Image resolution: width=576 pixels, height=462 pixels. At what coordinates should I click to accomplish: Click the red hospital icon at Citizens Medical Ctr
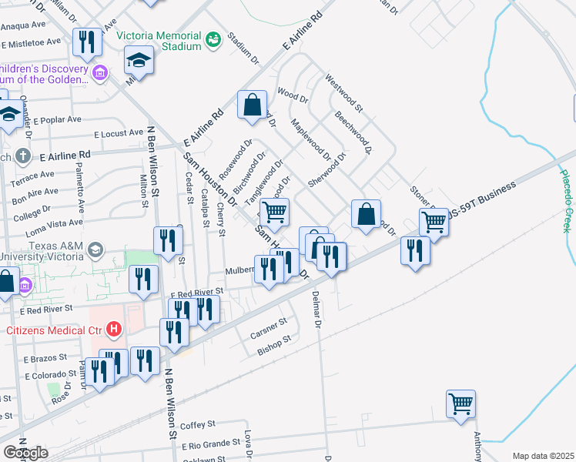(x=114, y=330)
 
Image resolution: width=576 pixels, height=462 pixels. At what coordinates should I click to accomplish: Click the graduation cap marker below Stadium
(x=139, y=59)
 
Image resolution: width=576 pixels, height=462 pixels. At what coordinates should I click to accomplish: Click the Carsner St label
(x=268, y=329)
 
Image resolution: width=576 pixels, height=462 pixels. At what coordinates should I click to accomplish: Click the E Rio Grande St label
(x=212, y=444)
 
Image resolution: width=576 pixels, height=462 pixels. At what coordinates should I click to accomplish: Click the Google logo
(x=25, y=452)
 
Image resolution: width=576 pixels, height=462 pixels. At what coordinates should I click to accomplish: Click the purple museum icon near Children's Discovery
(x=99, y=74)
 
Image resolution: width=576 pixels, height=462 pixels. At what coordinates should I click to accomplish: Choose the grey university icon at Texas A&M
(x=95, y=250)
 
